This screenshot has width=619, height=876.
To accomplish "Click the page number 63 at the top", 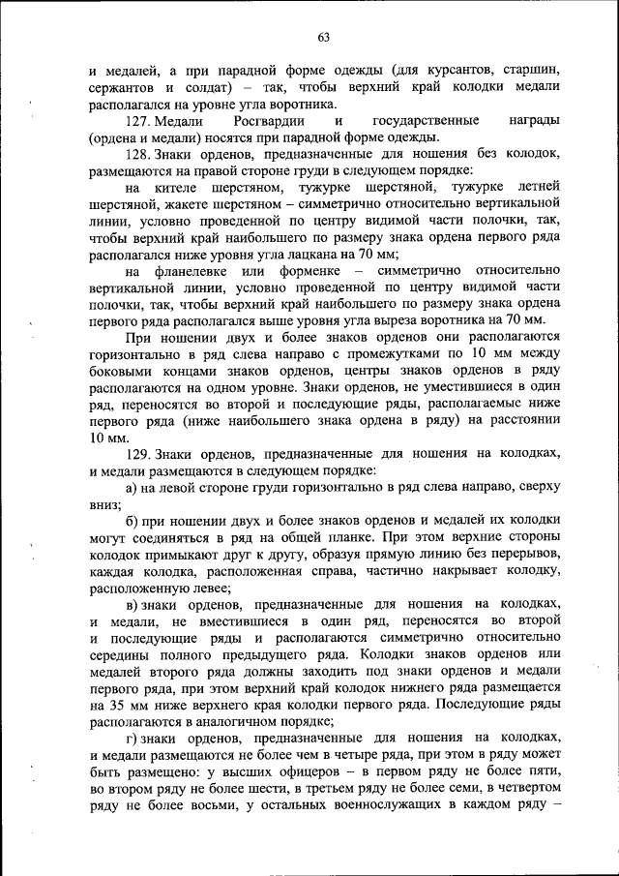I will [323, 38].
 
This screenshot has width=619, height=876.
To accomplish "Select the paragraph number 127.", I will [138, 121].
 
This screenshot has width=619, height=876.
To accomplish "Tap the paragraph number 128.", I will [138, 154].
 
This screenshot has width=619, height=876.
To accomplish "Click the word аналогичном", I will [241, 722].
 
